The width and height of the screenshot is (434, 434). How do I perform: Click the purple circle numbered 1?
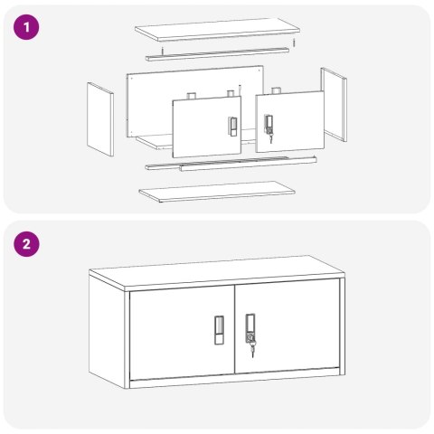coord(26,27)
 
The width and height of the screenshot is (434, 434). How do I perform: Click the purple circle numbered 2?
coord(26,244)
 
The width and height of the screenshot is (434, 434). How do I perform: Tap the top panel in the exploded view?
coord(217,29)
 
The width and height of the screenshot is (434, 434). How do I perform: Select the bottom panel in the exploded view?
coord(217,192)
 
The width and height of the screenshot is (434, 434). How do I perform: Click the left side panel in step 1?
coord(100,119)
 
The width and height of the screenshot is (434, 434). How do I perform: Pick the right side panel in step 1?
coord(334,104)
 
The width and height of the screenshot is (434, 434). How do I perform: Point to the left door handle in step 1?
coord(232,127)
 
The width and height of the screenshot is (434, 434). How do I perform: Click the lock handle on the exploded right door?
coord(269,124)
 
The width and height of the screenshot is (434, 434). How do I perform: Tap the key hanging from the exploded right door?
coord(270,138)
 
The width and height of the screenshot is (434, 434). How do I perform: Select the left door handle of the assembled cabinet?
coord(219,330)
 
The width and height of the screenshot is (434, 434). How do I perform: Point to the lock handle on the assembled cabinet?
coord(250,328)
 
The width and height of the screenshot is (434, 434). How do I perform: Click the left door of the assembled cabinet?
coord(182,333)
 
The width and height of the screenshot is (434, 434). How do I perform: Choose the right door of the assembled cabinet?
coord(288,325)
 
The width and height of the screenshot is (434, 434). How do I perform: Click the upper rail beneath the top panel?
coord(218,54)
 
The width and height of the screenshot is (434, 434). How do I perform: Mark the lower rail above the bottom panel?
coord(231,163)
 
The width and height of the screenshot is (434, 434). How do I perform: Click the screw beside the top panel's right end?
coord(294,42)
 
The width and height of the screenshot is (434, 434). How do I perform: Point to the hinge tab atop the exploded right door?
coord(276,90)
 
